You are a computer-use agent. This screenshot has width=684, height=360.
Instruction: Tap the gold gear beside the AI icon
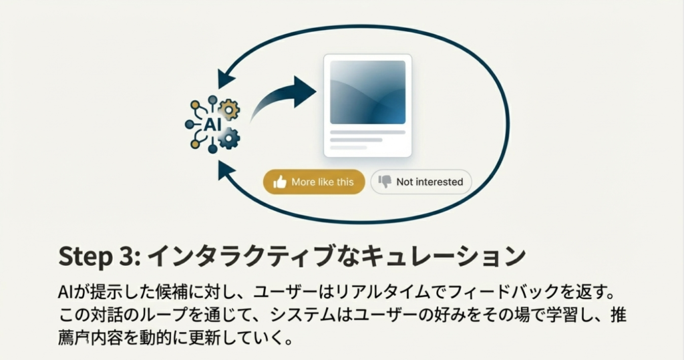coord(229,109)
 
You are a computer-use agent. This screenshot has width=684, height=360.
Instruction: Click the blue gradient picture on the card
coord(367,92)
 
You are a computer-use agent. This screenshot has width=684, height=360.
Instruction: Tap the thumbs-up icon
coord(280,182)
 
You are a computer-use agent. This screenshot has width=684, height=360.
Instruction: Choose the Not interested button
coord(421,182)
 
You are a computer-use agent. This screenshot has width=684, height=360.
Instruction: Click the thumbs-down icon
coord(385,182)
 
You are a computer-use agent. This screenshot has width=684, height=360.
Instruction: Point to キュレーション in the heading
coord(455,256)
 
